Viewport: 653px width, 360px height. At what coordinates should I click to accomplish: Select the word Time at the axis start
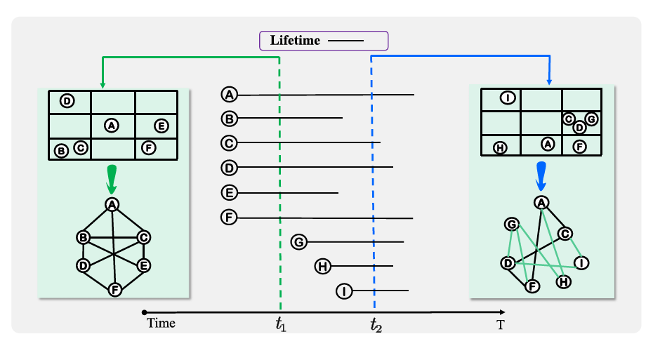click(161, 324)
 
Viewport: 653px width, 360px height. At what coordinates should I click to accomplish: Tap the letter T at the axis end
click(501, 324)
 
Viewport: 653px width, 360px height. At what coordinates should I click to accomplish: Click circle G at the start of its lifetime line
click(299, 242)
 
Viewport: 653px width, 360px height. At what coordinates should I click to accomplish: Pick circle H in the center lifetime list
click(323, 266)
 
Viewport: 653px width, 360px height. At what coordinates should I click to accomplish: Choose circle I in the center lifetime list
click(344, 291)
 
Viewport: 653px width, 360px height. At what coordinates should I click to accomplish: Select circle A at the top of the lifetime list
click(229, 94)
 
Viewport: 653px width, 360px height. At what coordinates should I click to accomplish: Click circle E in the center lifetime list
click(229, 192)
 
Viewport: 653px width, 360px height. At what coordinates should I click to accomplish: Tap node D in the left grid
click(67, 101)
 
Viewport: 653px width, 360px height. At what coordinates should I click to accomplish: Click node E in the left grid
click(161, 126)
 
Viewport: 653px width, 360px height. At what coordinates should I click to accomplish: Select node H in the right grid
click(500, 147)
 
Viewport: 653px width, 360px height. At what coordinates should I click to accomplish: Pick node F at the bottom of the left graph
click(114, 288)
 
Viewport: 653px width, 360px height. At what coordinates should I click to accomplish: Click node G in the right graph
click(512, 224)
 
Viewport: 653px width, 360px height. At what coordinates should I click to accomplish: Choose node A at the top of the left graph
click(111, 204)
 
